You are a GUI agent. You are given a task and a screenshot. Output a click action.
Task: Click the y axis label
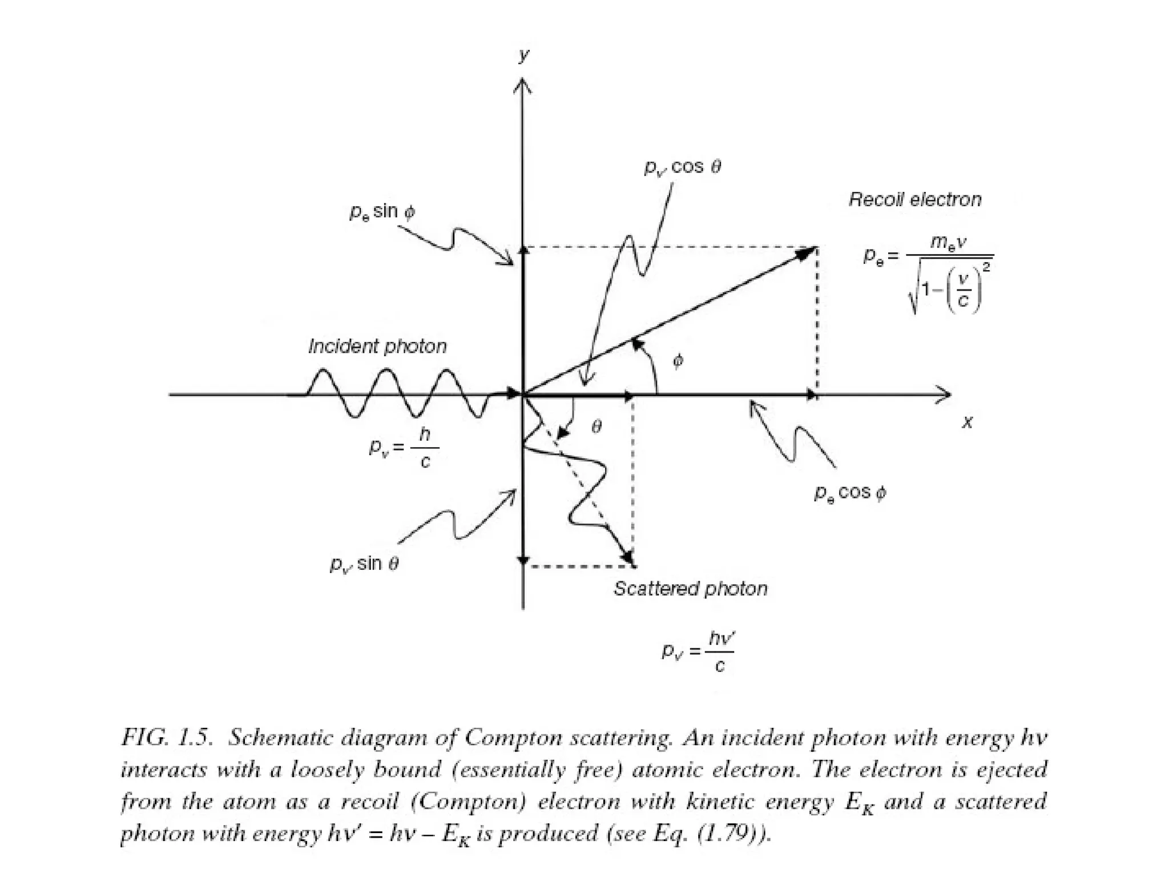[523, 55]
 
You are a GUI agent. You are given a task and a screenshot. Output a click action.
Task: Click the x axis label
[967, 423]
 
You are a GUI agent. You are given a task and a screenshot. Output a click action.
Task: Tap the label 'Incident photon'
[377, 347]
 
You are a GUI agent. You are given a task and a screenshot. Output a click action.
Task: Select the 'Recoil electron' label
[915, 200]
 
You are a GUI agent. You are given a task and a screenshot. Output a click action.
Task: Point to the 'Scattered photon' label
[690, 589]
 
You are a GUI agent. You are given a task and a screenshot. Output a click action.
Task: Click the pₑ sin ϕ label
[382, 212]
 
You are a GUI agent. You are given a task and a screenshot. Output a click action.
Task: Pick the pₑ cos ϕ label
[850, 493]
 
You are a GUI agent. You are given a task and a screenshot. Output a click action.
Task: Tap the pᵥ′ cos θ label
[683, 167]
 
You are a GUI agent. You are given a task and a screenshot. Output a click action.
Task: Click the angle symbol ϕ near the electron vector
[678, 361]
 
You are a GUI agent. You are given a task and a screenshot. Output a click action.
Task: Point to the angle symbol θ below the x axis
[596, 427]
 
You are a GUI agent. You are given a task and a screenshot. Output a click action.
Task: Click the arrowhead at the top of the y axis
[523, 86]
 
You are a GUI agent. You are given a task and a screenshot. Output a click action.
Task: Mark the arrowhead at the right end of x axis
[945, 394]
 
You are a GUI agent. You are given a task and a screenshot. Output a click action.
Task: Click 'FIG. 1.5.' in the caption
[167, 738]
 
